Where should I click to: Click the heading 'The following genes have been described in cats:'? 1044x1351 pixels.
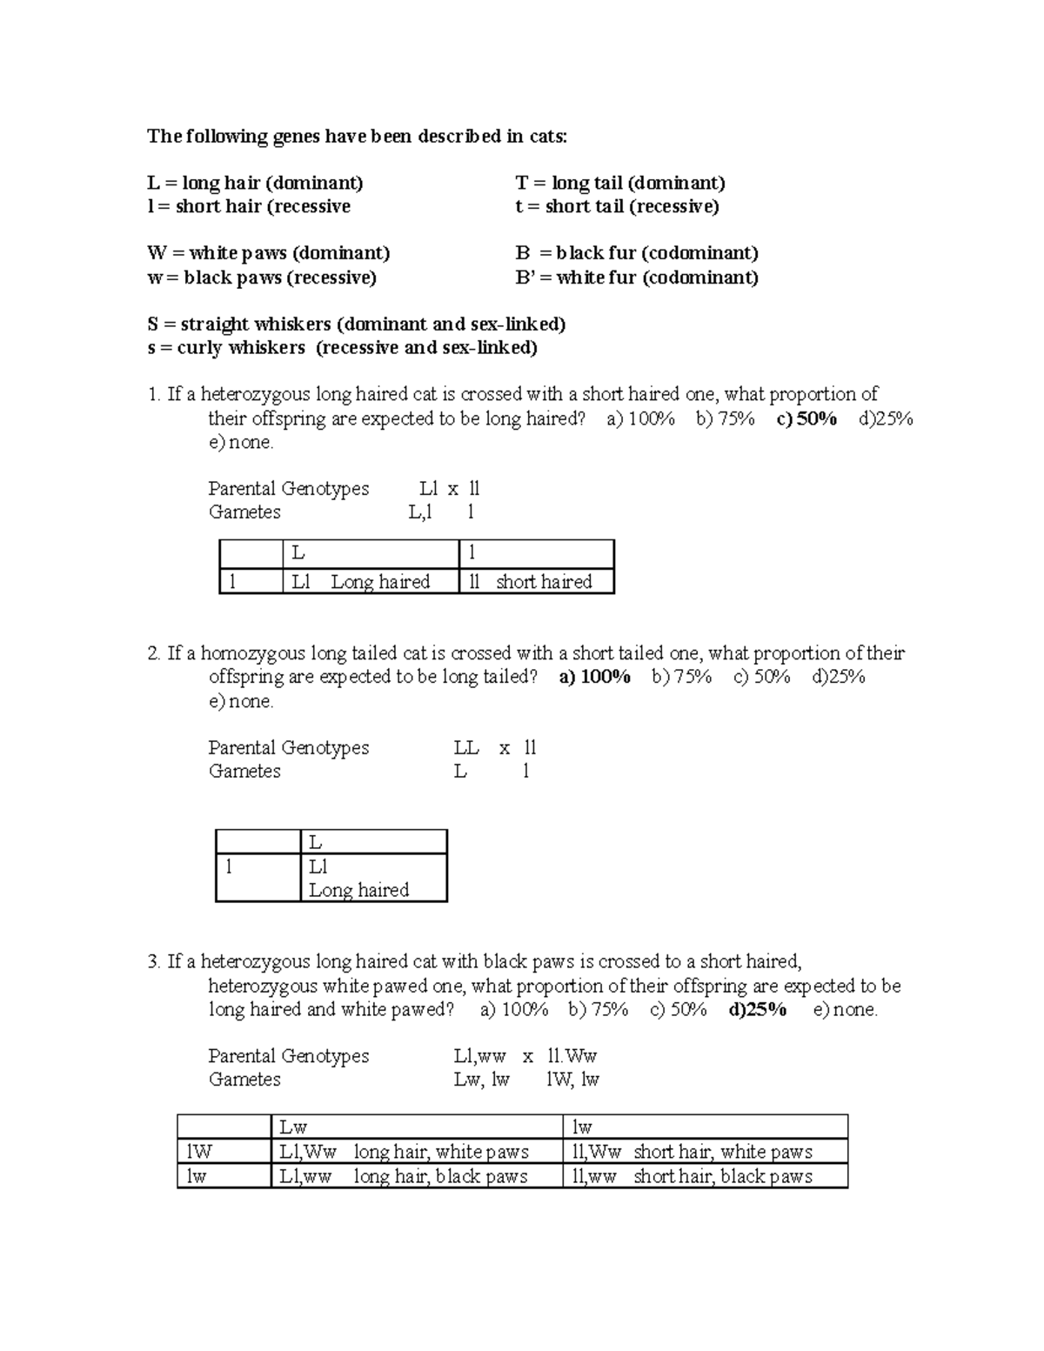(357, 136)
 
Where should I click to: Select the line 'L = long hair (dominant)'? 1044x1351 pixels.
(255, 183)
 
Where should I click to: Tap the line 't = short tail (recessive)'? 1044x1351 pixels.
(617, 206)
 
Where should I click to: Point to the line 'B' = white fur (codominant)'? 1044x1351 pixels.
(636, 278)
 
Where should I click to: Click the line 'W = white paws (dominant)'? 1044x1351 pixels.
(268, 253)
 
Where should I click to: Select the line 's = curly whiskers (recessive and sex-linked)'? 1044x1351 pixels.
(342, 348)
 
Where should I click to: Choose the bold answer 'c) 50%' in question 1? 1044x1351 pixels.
(806, 418)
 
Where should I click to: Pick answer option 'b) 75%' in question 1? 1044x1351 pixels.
(725, 418)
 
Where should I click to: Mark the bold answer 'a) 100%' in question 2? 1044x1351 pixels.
(594, 677)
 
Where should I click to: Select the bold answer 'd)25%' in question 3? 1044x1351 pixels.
(757, 1009)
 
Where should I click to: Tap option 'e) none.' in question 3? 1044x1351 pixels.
(845, 1009)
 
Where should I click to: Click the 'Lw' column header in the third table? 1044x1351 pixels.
(293, 1127)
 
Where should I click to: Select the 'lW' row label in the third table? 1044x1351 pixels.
(199, 1152)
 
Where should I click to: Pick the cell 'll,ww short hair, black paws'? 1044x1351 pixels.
(692, 1176)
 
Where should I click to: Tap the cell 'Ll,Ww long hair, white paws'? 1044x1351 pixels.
(404, 1152)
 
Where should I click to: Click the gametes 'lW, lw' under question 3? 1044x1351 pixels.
(572, 1080)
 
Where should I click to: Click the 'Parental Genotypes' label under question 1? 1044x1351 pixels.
(288, 488)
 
